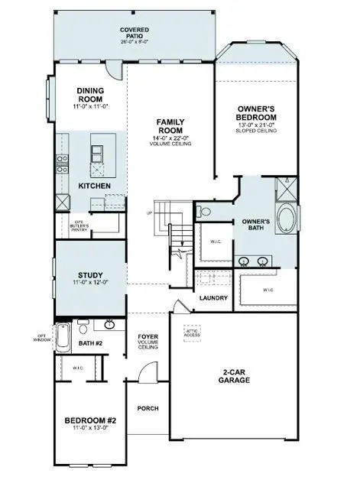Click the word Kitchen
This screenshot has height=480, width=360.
[95, 186]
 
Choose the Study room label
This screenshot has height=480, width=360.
[91, 275]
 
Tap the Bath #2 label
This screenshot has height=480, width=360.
[91, 343]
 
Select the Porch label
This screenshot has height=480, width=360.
[147, 408]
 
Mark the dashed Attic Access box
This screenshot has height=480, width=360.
[192, 333]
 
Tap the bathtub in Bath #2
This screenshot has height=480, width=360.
[63, 336]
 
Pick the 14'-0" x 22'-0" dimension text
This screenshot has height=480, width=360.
[169, 135]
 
